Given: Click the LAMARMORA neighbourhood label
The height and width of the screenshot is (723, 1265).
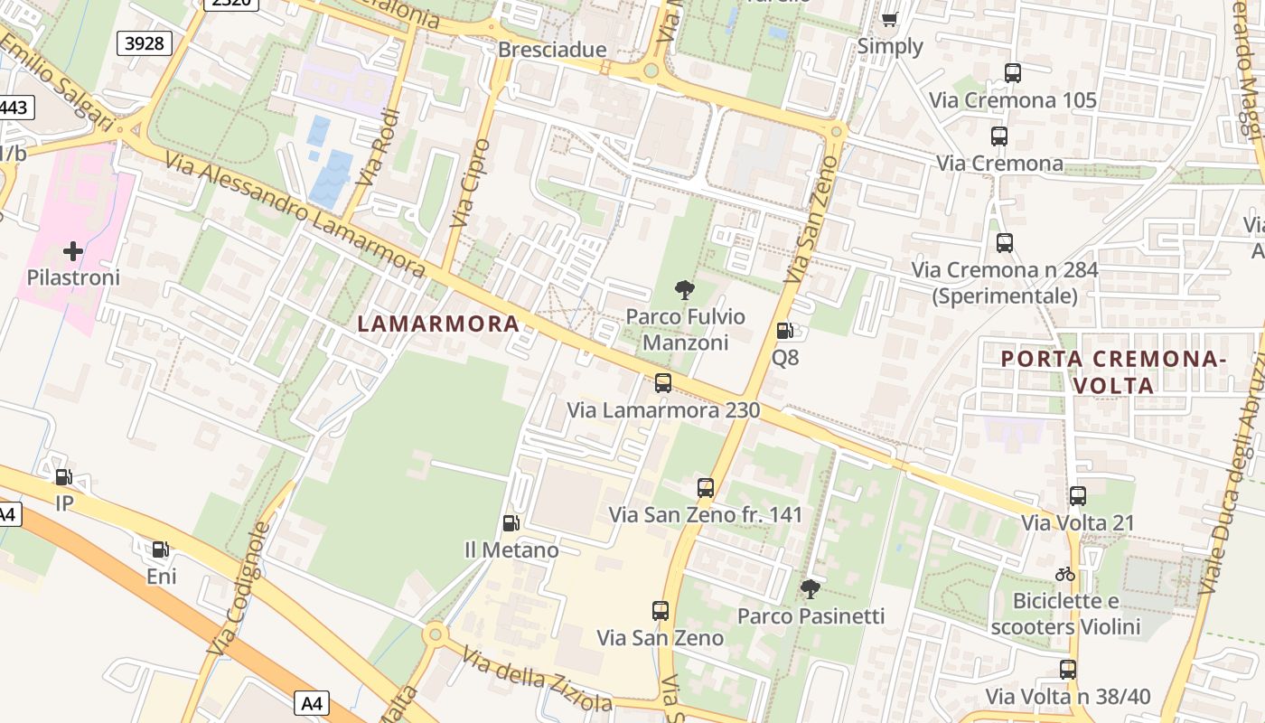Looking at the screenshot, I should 438,324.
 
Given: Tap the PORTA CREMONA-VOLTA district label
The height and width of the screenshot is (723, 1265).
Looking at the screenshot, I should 1113,371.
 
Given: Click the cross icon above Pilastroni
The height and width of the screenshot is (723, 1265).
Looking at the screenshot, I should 73,250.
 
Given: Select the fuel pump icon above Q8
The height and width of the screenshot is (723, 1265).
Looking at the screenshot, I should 784,331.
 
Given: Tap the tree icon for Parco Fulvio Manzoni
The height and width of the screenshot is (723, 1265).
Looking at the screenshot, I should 685,290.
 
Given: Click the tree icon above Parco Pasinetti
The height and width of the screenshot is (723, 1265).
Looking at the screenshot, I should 810,589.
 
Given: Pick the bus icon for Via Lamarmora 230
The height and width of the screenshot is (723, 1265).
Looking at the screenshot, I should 663,383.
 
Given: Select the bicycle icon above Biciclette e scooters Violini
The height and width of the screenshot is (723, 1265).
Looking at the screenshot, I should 1065,574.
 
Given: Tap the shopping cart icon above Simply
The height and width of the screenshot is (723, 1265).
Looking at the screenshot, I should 890,19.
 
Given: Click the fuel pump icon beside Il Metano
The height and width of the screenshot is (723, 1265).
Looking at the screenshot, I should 511,523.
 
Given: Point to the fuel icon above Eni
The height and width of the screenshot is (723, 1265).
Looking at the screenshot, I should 160,549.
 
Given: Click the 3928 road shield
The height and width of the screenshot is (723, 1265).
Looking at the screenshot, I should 144,42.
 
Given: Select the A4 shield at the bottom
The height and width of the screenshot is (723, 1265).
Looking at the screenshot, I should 312,702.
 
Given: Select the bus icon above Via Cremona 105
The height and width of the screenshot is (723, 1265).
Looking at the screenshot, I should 1012,73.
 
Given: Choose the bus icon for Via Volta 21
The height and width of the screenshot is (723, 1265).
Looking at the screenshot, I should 1077,496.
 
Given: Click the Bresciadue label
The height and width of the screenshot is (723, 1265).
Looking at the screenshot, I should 552,50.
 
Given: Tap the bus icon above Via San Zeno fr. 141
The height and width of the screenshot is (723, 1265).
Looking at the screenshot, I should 706,488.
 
